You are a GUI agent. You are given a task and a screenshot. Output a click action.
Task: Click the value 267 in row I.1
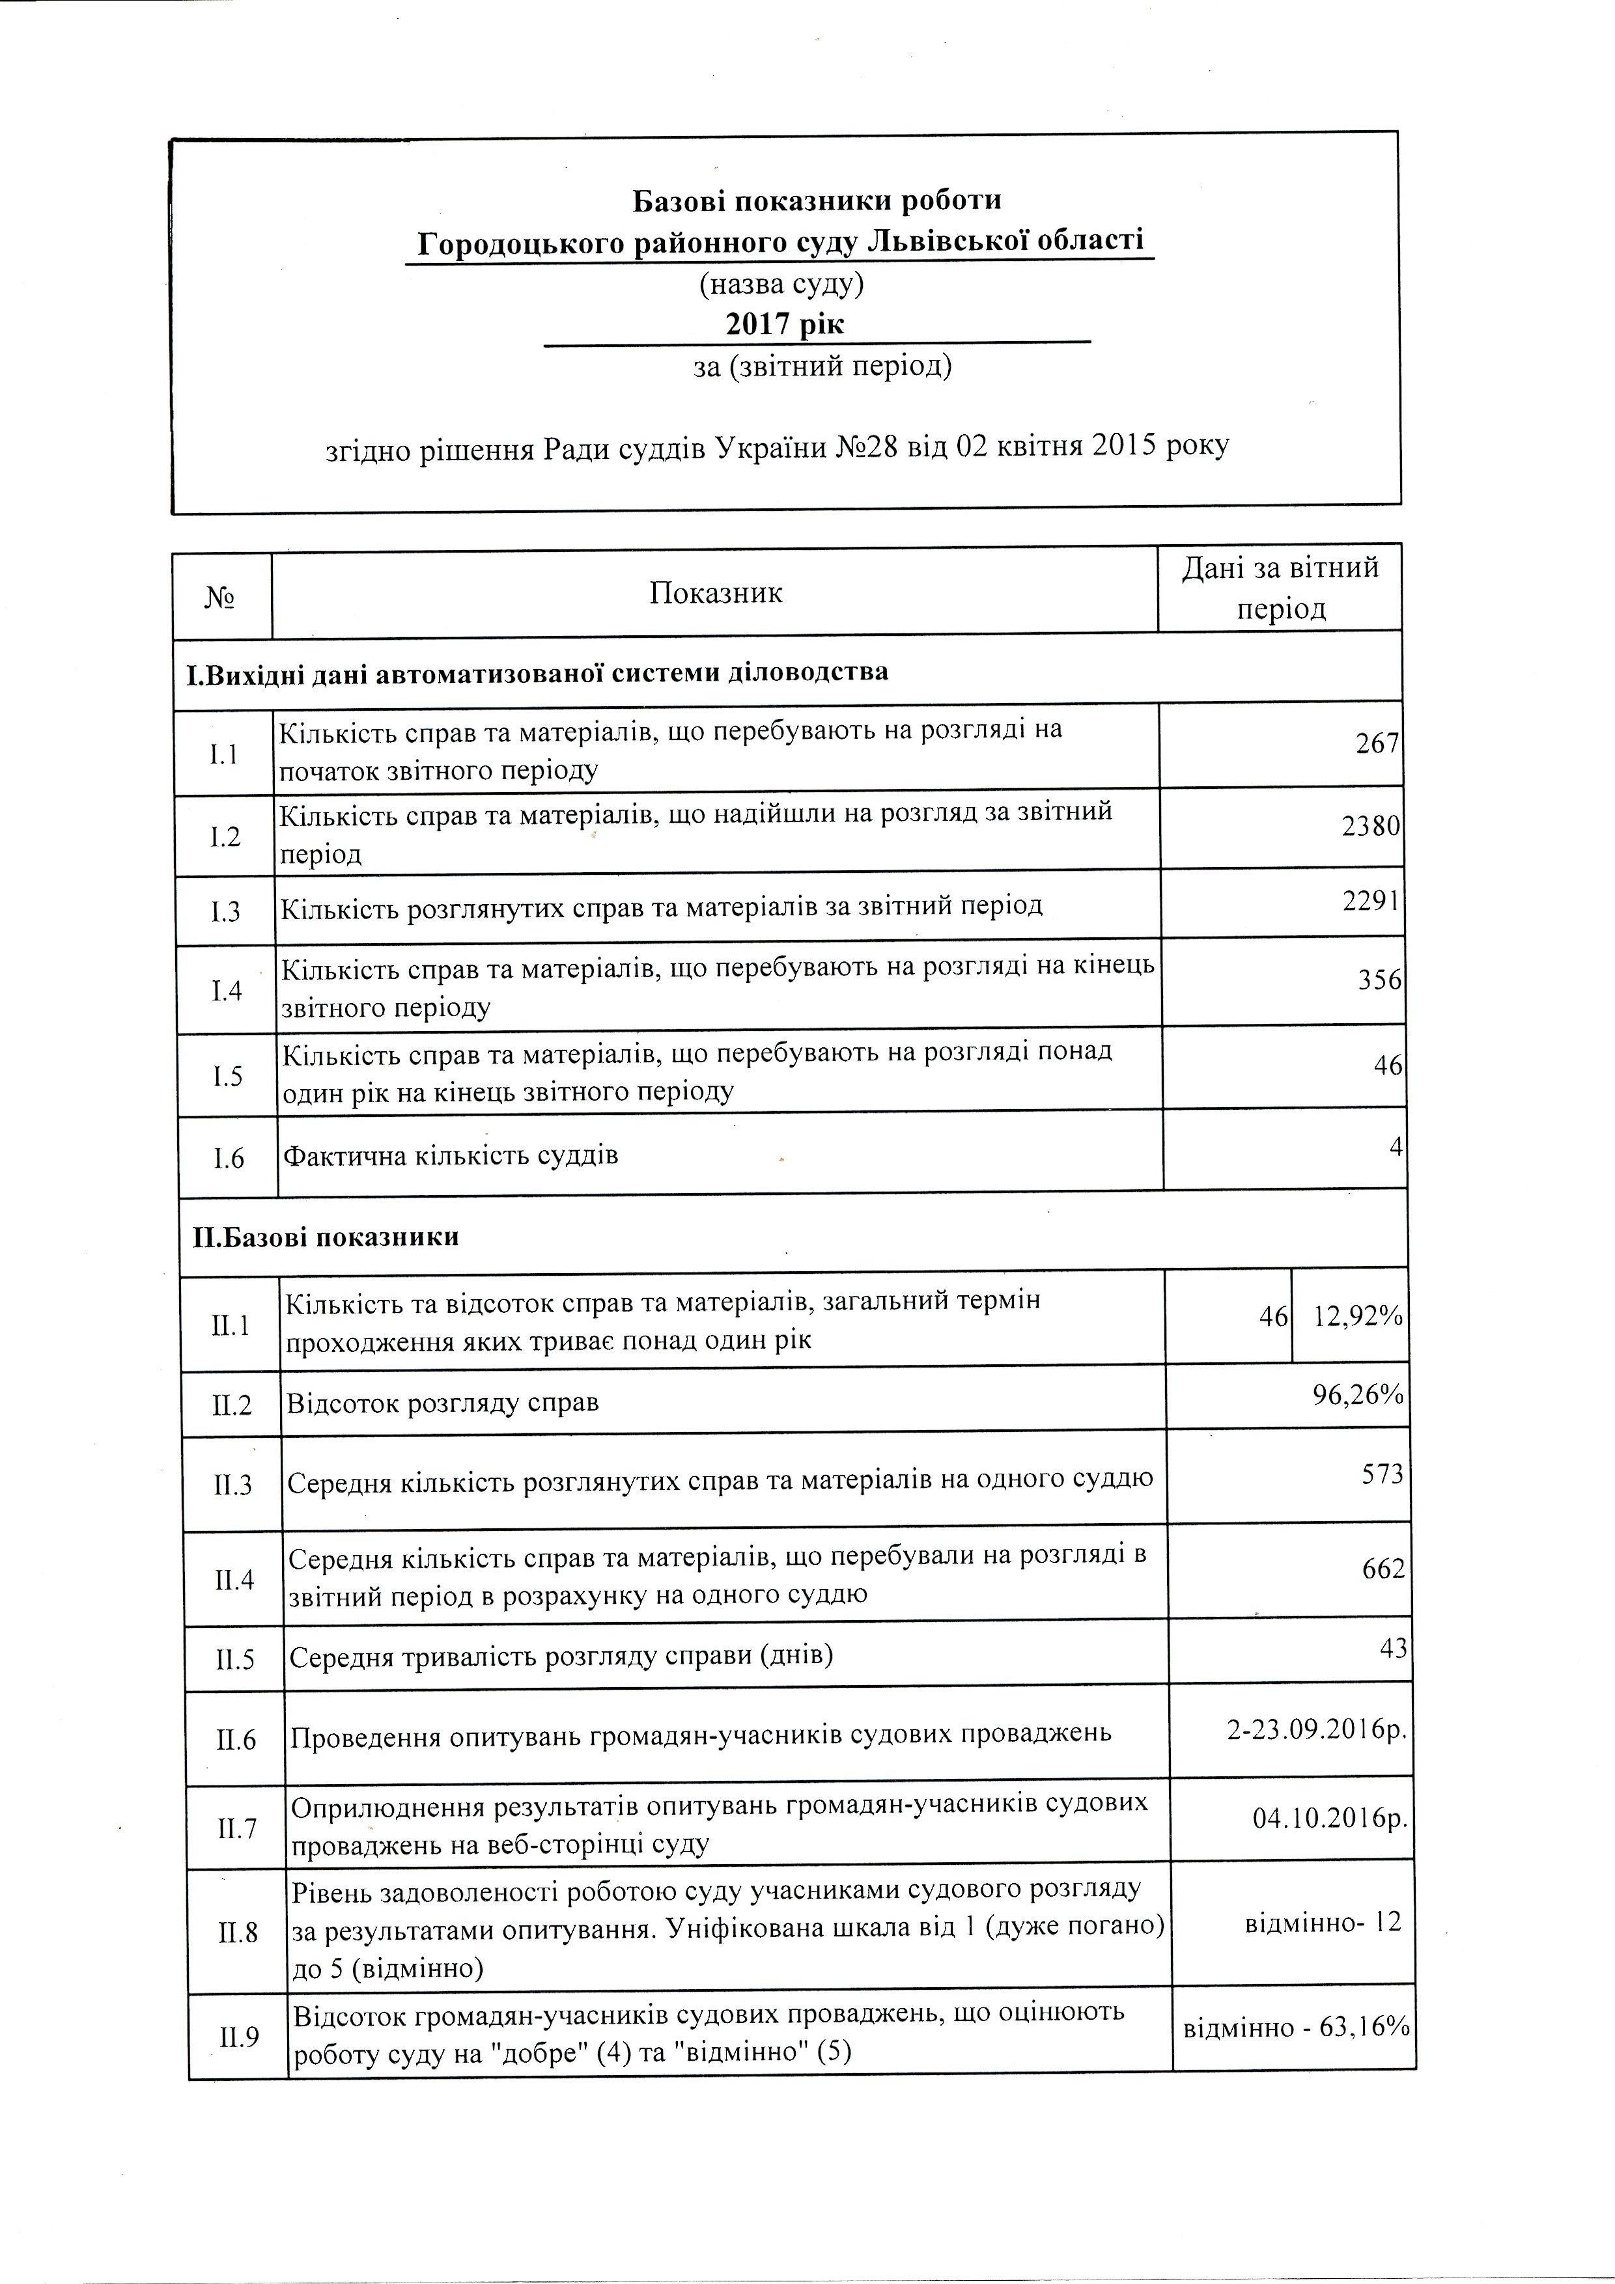(1377, 744)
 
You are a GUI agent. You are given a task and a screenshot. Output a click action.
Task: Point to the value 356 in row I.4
(1380, 981)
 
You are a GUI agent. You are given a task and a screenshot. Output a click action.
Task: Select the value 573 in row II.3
(1382, 1474)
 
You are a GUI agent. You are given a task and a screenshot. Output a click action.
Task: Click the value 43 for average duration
(1393, 1648)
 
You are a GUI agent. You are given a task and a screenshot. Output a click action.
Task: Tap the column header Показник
(716, 594)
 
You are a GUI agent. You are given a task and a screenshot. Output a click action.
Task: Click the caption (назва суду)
(781, 286)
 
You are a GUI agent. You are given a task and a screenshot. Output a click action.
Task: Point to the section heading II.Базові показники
(326, 1237)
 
